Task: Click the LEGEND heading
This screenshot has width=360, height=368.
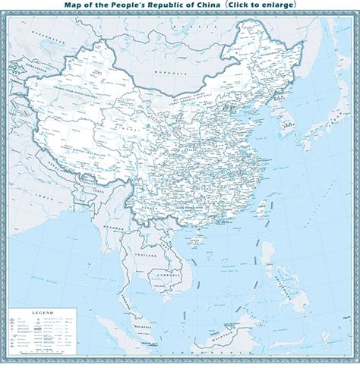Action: click(x=41, y=313)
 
